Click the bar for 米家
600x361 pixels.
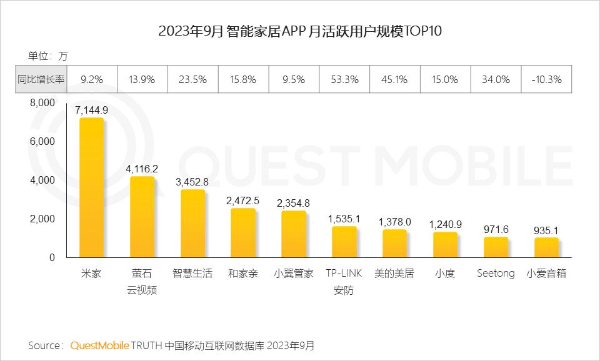[x=91, y=187]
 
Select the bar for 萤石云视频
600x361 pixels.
[x=142, y=217]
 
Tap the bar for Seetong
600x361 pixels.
[x=496, y=247]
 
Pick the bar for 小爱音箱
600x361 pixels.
[x=546, y=248]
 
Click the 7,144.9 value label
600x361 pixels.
[x=91, y=110]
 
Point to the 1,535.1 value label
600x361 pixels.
[x=344, y=219]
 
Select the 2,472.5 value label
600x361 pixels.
[x=243, y=200]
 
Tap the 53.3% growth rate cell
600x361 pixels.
[x=344, y=80]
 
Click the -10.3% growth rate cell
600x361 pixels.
[x=546, y=80]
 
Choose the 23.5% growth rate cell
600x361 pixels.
[x=192, y=80]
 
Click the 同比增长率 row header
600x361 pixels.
[x=41, y=80]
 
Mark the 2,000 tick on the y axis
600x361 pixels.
[x=43, y=219]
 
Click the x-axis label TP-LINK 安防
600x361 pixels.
[x=344, y=282]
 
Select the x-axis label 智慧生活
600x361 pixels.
[x=192, y=274]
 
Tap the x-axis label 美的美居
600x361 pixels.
[x=394, y=274]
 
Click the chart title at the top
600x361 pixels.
[x=300, y=32]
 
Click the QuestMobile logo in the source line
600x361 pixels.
[x=100, y=345]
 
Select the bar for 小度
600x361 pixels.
[x=445, y=244]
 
